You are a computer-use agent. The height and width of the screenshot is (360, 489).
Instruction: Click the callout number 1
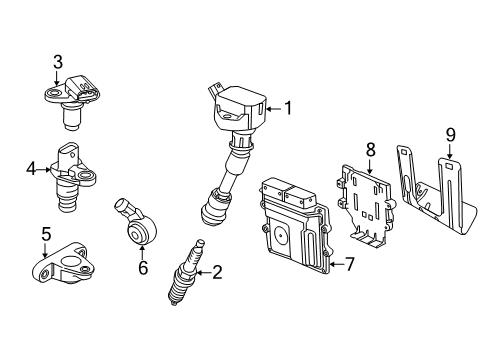pos(288,108)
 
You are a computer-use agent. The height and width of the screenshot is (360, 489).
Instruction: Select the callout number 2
pos(218,270)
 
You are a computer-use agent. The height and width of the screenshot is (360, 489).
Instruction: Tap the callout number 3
pos(58,63)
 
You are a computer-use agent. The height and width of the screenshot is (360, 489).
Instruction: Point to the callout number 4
pos(31,169)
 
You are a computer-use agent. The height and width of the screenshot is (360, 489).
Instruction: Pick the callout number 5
pos(46,234)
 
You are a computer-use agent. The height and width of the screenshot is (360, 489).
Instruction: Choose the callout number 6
pos(143,267)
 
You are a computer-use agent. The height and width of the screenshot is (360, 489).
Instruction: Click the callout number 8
pos(370,149)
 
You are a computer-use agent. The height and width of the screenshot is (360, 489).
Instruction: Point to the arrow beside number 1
pos(274,108)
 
